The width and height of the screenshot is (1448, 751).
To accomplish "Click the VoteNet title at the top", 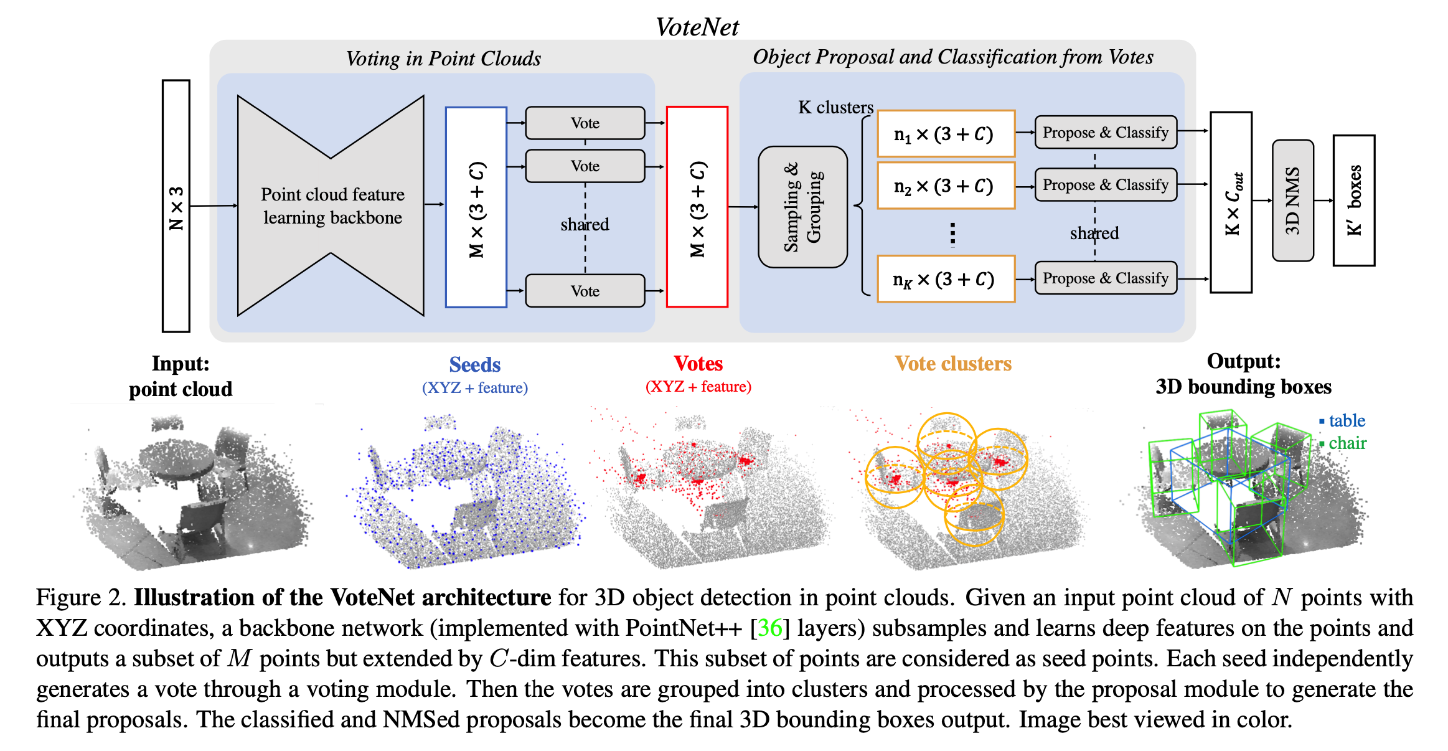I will pyautogui.click(x=697, y=27).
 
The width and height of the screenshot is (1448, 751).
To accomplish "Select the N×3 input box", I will pyautogui.click(x=176, y=206).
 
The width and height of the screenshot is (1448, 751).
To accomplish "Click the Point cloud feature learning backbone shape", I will pyautogui.click(x=331, y=206).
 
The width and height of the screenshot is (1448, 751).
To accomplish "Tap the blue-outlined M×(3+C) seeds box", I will pyautogui.click(x=476, y=207).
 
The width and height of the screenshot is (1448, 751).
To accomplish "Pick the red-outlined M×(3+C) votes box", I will pyautogui.click(x=697, y=207).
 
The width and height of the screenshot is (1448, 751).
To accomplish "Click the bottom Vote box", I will pyautogui.click(x=585, y=291).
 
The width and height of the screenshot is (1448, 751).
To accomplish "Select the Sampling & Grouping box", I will pyautogui.click(x=802, y=207).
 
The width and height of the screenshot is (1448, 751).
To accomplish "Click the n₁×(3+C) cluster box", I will pyautogui.click(x=946, y=134).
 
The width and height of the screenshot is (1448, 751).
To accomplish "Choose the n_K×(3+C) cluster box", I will pyautogui.click(x=946, y=279).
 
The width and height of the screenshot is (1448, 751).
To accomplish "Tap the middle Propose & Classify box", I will pyautogui.click(x=1106, y=185).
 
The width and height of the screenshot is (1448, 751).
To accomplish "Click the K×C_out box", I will pyautogui.click(x=1231, y=202).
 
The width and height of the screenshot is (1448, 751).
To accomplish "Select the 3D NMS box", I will pyautogui.click(x=1293, y=201).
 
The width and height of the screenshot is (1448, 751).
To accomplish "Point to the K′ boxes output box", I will pyautogui.click(x=1354, y=201).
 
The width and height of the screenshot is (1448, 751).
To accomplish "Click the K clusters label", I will pyautogui.click(x=835, y=108).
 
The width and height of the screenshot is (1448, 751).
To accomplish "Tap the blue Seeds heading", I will pyautogui.click(x=475, y=365).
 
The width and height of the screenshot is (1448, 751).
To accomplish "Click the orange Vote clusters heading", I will pyautogui.click(x=953, y=364).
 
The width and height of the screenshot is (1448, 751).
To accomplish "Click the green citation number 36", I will pyautogui.click(x=769, y=628).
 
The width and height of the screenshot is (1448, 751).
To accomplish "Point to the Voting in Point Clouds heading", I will pyautogui.click(x=443, y=59).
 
